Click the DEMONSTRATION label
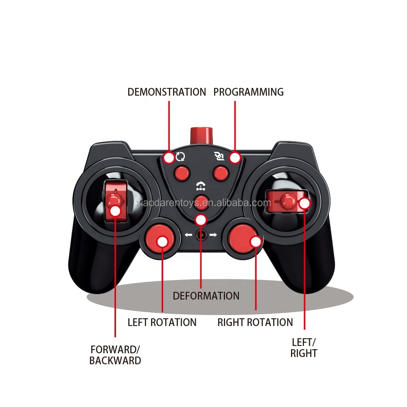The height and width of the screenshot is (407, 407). pos(167,92)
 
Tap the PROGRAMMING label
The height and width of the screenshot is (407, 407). pos(248,92)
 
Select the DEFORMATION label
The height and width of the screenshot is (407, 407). pos(206,295)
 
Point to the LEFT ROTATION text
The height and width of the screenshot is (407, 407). pos(162,322)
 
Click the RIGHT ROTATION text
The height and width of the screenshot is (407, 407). pos(255,322)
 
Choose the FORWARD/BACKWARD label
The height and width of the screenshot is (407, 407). pos(115,355)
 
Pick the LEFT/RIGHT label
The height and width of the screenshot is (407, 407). pos(304,348)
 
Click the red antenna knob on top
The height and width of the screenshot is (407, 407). pos(201,135)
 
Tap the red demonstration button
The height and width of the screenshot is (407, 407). pos(181,173)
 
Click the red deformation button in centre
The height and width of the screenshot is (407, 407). pos(201,201)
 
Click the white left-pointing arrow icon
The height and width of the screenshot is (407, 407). pos(188,235)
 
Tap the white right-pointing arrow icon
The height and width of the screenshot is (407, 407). pos(213,235)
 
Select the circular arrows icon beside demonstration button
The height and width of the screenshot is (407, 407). pos(180,156)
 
